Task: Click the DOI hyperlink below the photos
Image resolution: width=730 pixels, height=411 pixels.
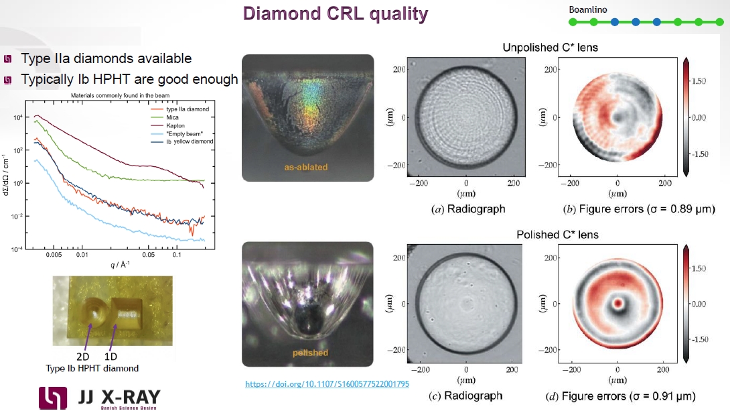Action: pos(327,384)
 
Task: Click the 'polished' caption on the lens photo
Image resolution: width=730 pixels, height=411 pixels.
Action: pos(310,353)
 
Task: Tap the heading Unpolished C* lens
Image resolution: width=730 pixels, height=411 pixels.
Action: pos(550,48)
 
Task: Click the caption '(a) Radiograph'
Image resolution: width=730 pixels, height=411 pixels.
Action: pos(466,209)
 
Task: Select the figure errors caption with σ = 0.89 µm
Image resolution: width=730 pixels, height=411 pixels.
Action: pos(638,209)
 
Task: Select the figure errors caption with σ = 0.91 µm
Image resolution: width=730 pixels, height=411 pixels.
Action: pos(629,396)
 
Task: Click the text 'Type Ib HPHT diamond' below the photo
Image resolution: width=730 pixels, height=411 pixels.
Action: pos(92,367)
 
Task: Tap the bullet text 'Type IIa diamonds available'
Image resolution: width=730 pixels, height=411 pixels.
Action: pos(106,59)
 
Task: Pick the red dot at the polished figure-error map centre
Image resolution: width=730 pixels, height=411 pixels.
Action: pos(617,302)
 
